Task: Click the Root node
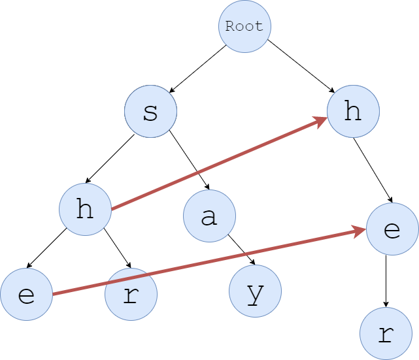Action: click(244, 27)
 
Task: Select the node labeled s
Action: click(150, 112)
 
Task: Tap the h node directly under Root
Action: click(353, 112)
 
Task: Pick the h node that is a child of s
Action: click(85, 210)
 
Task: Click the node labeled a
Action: click(209, 216)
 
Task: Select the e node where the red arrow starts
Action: click(26, 295)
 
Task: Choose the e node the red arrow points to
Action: click(392, 229)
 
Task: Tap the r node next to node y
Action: click(131, 295)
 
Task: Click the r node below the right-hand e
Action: click(386, 334)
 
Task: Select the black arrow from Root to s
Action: click(197, 69)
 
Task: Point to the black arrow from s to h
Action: click(110, 159)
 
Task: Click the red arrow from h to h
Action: click(219, 164)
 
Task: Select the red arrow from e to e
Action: click(209, 261)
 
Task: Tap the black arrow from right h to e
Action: click(373, 171)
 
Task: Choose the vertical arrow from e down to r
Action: click(386, 281)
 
